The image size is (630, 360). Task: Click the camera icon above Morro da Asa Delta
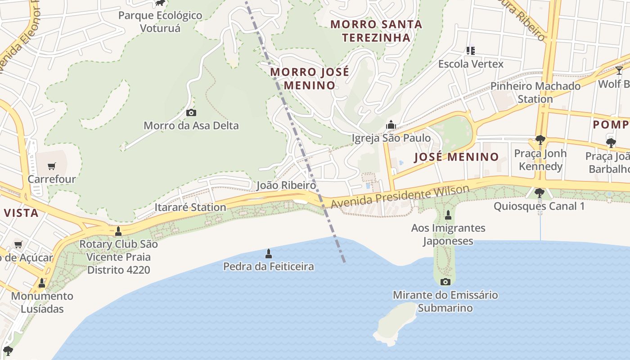[x=191, y=112]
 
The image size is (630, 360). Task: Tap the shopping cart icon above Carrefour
[x=52, y=166]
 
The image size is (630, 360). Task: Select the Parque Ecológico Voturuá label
[x=160, y=22]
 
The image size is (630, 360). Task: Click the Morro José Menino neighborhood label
[x=309, y=78]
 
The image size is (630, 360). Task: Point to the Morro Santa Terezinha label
[x=376, y=31]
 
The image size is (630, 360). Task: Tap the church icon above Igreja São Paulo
[x=391, y=124]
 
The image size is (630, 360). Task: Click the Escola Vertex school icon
[x=471, y=50]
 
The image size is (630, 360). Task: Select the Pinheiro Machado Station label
[x=535, y=92]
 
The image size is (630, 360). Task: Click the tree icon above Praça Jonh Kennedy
[x=540, y=140]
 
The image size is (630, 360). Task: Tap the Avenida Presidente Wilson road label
[x=400, y=197]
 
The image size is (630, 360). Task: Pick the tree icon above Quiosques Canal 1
[x=539, y=193]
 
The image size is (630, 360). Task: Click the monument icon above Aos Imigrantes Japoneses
[x=448, y=215]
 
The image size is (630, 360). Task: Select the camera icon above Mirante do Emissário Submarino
[x=445, y=282]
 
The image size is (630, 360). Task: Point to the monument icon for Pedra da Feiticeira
[x=269, y=253]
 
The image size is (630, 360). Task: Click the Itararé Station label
[x=190, y=207]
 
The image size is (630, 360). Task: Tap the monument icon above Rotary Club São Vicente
[x=118, y=231]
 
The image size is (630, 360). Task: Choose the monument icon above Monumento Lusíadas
[x=42, y=283]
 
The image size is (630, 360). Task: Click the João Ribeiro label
[x=286, y=185]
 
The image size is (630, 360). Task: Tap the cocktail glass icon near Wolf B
[x=619, y=70]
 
